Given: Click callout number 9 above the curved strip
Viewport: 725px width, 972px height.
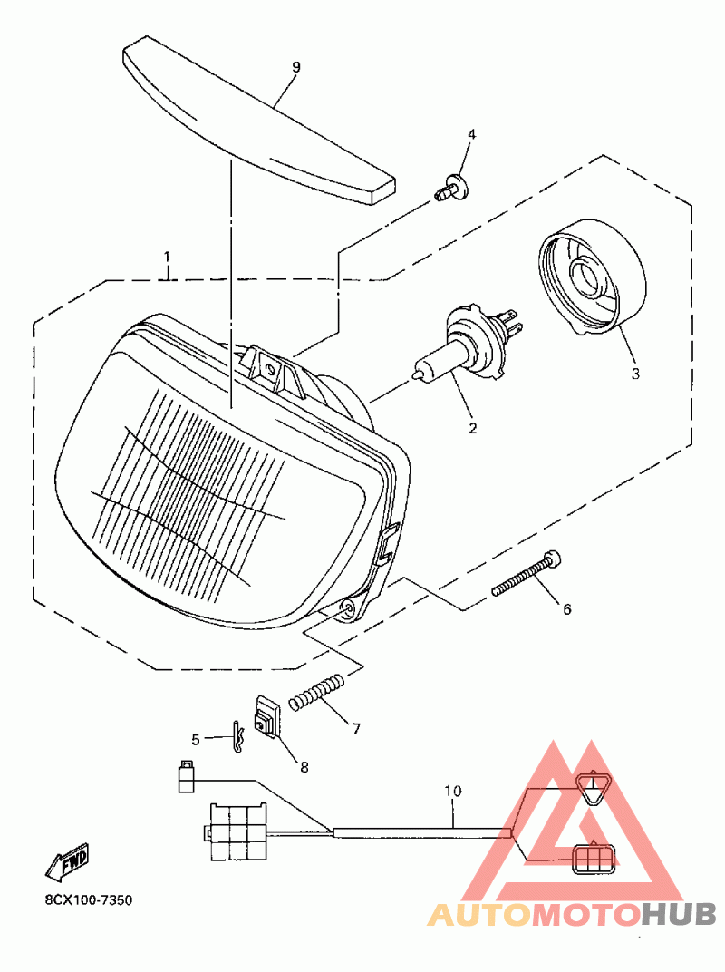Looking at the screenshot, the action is pos(295,67).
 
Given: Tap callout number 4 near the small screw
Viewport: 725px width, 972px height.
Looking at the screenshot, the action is pos(470,134).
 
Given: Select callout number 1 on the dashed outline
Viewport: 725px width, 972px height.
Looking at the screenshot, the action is pos(167,258).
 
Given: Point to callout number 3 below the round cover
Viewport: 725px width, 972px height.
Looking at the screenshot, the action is pos(634,373).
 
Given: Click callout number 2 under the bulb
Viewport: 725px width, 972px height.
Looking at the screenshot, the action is pos(471,426).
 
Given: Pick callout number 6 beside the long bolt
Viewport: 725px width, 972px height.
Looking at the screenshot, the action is pos(567,609).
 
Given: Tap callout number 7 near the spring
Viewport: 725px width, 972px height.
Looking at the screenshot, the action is pos(356,727).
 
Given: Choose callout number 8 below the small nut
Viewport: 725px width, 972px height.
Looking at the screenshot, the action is pos(304,767).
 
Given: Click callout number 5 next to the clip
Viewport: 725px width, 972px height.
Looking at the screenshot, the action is pos(195,739).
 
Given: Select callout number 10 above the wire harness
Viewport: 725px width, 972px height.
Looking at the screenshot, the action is pos(453,791).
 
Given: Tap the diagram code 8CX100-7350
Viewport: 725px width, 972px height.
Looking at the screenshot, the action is pos(89,900).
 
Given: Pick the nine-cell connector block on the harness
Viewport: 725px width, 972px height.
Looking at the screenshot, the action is pos(237,830).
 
